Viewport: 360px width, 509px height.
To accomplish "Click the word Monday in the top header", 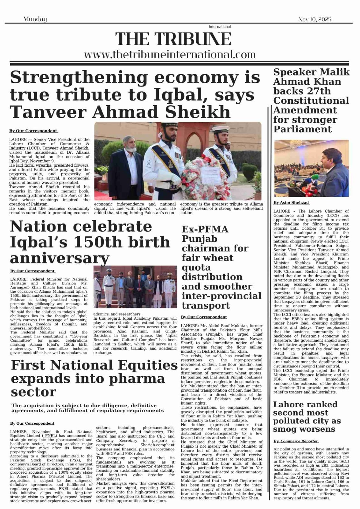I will click(x=35, y=19).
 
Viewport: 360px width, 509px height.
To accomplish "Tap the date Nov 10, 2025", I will click(x=314, y=19).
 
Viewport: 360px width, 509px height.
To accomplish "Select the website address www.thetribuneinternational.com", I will click(x=170, y=54).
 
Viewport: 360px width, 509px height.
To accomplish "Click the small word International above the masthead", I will click(x=220, y=27).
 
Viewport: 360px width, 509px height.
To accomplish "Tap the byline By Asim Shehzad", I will click(x=291, y=202).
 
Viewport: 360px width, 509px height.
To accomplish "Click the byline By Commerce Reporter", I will click(x=296, y=441).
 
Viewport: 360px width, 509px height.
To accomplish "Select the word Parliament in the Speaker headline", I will click(x=298, y=129).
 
